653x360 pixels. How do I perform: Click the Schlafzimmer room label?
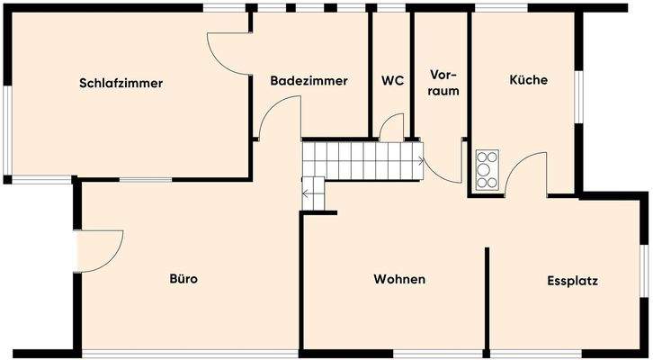click(x=121, y=83)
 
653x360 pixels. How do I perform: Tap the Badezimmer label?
click(x=309, y=81)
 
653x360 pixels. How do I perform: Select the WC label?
click(x=391, y=81)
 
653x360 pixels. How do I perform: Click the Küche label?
click(x=528, y=80)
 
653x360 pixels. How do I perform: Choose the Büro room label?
click(x=183, y=279)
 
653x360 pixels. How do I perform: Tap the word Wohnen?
click(x=399, y=280)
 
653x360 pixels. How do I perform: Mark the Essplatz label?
click(x=572, y=281)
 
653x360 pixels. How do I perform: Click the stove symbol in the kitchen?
click(x=487, y=169)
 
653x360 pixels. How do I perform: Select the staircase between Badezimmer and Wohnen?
click(x=360, y=161)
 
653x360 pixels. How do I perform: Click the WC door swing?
click(x=391, y=129)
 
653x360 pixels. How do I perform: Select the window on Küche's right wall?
click(x=579, y=94)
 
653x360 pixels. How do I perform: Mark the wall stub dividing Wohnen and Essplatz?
click(x=488, y=297)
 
